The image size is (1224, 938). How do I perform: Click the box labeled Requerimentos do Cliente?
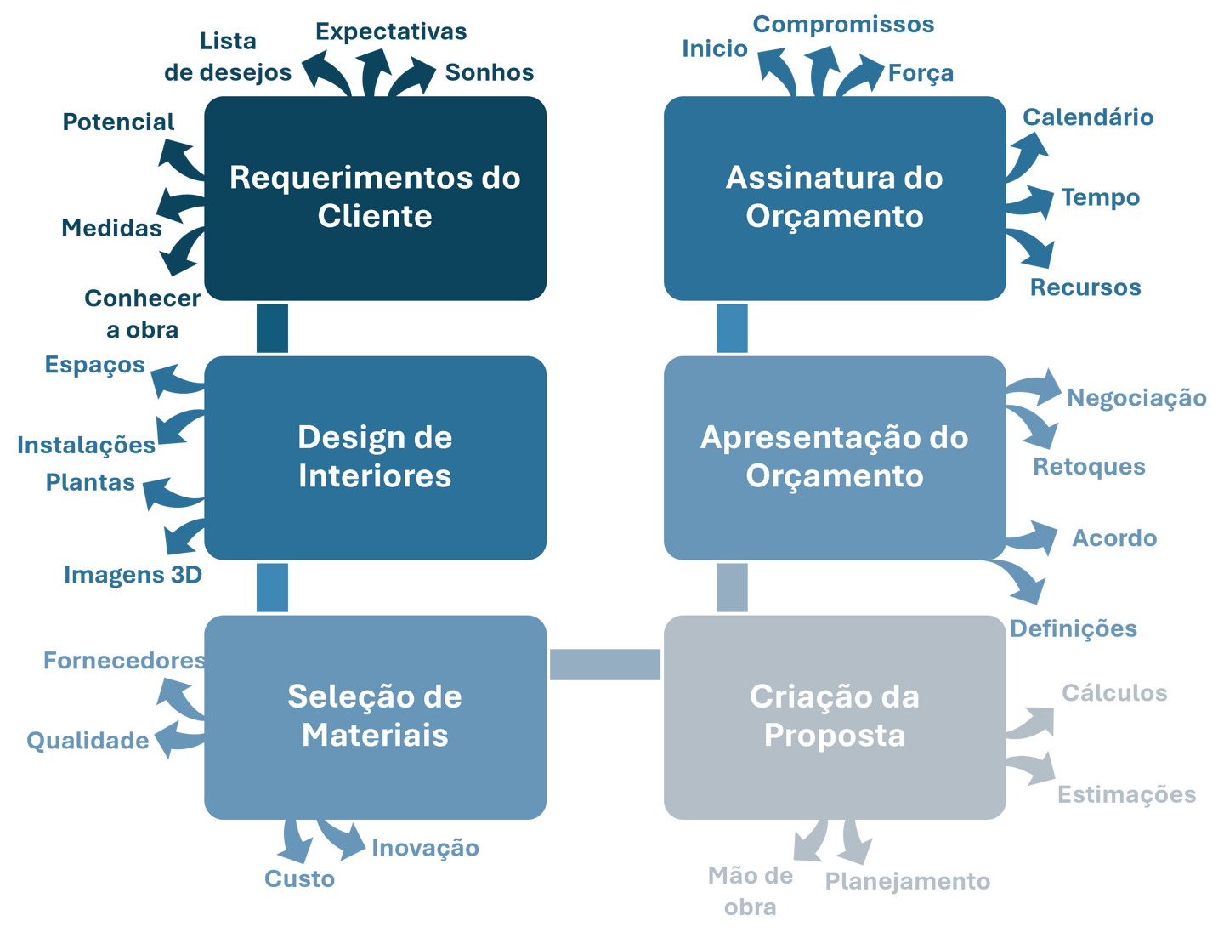pos(375,197)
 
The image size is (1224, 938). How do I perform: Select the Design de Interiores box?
pos(375,457)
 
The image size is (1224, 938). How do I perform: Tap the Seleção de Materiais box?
pos(375,716)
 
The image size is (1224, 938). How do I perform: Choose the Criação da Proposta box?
pos(835,716)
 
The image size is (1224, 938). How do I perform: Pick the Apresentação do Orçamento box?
pos(835,457)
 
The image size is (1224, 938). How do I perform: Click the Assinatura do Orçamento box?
pos(835,197)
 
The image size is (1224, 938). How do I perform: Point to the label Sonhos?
pos(489,72)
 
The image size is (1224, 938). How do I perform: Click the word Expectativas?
pos(391,32)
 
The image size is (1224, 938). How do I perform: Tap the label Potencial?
pos(119,122)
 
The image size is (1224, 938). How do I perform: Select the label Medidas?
pos(111,228)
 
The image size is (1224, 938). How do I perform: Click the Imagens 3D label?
pos(132,575)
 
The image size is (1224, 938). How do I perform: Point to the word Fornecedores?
pos(124,661)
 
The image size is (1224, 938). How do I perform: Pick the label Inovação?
pos(425,848)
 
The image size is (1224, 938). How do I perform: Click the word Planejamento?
pos(907,881)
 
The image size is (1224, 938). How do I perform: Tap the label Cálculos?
pos(1113,693)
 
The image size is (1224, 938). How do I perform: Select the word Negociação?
pos(1136,398)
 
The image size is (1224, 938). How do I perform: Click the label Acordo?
pos(1114,538)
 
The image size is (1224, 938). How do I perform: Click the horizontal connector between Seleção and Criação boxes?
pos(605,664)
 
